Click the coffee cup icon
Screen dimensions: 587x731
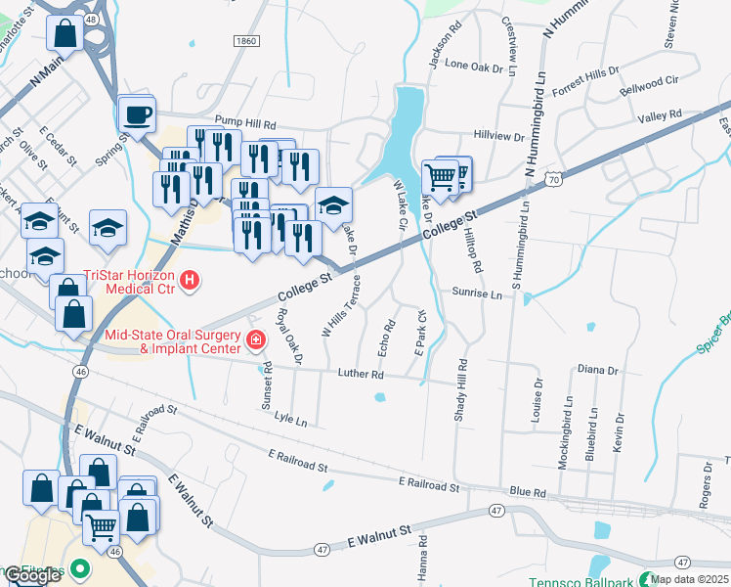pos(137,114)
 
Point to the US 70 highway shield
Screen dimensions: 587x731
pos(554,179)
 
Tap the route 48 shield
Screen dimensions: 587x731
pos(90,19)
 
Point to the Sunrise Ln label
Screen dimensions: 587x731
pos(476,293)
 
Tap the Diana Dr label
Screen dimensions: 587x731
pos(598,370)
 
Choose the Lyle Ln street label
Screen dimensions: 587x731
pos(290,419)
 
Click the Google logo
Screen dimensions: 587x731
pos(33,575)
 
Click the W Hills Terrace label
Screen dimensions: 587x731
pos(342,305)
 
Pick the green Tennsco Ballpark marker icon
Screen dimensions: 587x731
pos(645,579)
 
